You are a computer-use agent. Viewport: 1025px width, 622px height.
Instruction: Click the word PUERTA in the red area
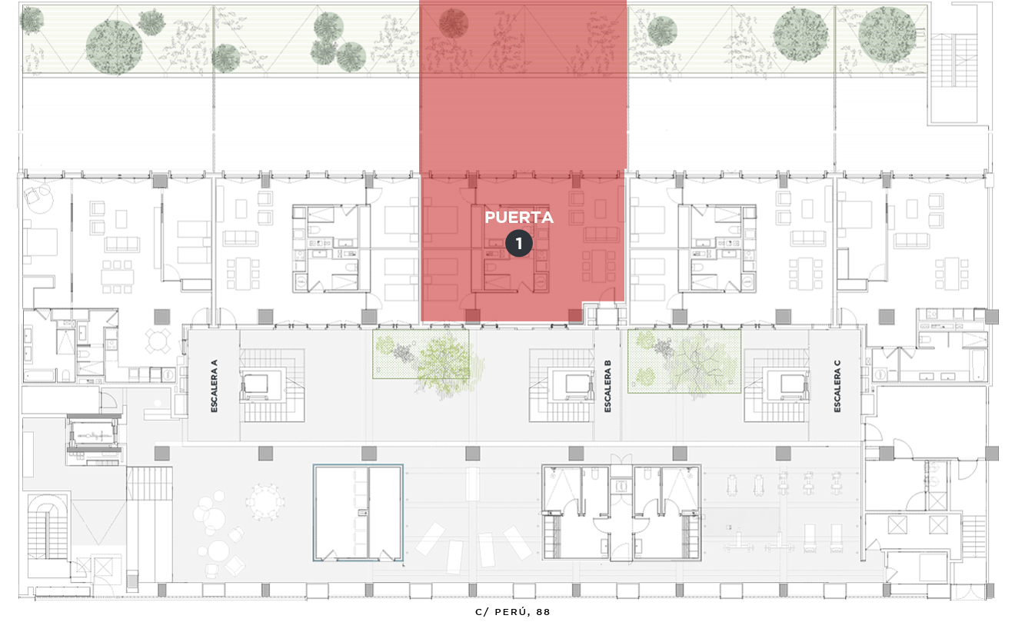[x=519, y=218]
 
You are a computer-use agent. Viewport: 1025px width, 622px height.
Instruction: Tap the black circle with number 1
[x=519, y=244]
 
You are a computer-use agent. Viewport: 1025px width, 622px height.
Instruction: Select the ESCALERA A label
[x=215, y=386]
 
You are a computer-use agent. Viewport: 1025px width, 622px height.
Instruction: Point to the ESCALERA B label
[x=607, y=386]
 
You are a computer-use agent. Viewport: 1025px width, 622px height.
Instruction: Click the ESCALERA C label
[x=837, y=386]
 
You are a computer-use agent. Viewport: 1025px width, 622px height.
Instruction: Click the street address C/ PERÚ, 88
[x=512, y=612]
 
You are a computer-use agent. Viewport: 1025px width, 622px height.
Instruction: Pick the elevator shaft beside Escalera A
[x=256, y=384]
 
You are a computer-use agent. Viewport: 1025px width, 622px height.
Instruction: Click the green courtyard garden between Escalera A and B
[x=421, y=354]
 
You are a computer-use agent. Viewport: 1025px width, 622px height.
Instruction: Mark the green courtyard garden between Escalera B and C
[x=684, y=361]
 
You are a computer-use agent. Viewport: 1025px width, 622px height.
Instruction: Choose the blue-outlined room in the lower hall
[x=358, y=513]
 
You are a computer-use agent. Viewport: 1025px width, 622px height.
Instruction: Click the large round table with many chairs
[x=265, y=501]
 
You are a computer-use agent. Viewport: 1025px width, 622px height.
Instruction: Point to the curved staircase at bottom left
[x=48, y=527]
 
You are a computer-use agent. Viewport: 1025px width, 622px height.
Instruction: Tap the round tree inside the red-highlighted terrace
[x=453, y=23]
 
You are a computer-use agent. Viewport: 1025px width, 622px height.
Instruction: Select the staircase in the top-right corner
[x=953, y=61]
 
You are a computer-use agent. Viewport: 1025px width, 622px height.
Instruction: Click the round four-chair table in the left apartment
[x=158, y=341]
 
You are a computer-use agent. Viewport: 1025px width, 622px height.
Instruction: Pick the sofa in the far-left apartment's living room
[x=122, y=244]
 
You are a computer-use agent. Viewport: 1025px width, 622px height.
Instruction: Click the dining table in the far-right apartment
[x=952, y=274]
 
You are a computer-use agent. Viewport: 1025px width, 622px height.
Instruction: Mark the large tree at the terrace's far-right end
[x=887, y=35]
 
